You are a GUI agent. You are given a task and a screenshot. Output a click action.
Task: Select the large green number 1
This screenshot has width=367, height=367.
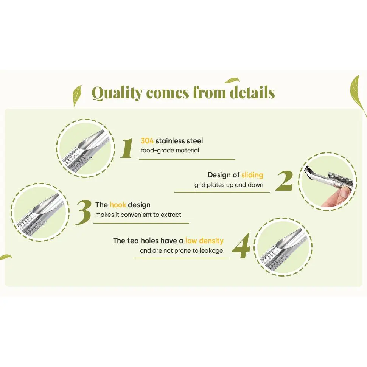(x=127, y=148)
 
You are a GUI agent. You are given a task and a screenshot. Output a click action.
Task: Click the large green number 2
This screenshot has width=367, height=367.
(x=284, y=181)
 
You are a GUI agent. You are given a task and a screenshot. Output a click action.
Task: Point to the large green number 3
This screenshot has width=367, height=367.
(x=82, y=213)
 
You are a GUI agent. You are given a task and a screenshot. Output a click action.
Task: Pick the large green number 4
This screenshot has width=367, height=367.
(x=241, y=246)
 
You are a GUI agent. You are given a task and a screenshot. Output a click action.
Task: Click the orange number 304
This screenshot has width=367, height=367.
(x=147, y=141)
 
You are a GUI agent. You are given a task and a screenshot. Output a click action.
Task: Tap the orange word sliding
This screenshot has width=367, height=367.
(x=252, y=175)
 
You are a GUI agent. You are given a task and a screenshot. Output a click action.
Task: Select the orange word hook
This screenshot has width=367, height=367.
(x=118, y=205)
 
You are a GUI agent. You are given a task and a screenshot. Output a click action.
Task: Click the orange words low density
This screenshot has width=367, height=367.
(x=204, y=241)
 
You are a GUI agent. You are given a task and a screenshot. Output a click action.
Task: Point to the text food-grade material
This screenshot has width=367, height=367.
(x=170, y=151)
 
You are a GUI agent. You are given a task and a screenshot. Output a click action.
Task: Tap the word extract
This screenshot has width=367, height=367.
(x=171, y=215)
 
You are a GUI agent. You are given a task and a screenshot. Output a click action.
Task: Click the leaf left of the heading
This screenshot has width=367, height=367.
(x=77, y=95)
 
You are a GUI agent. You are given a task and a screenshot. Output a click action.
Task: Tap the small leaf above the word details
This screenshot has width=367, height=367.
(x=232, y=81)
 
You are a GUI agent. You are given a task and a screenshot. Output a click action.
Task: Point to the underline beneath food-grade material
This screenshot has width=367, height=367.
(x=187, y=159)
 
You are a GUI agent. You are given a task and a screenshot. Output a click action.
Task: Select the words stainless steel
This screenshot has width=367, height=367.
(x=179, y=141)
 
